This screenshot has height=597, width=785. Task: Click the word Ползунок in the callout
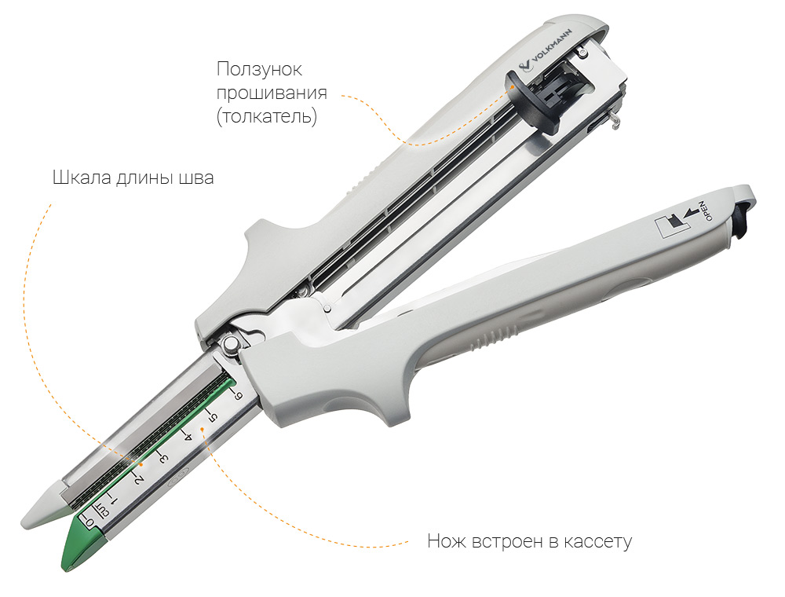pos(259,69)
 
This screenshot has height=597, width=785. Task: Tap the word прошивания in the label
pos(272,93)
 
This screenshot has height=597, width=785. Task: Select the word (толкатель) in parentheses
pos(267,116)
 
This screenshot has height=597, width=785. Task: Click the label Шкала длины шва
pos(133,178)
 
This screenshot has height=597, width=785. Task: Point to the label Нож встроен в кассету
pos(530,541)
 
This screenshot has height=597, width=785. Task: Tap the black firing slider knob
pos(533,101)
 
